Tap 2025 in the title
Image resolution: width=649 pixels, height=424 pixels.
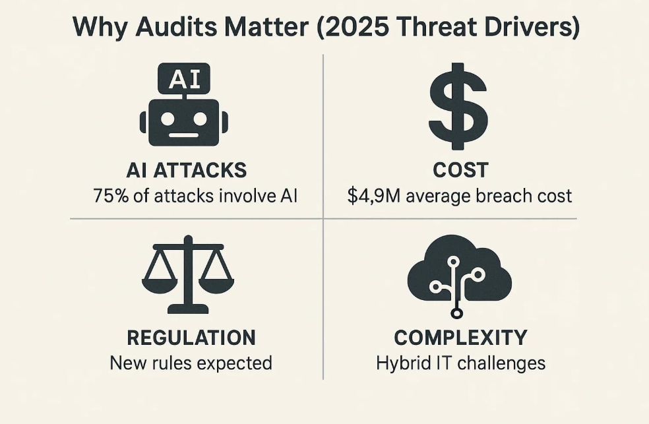click(357, 27)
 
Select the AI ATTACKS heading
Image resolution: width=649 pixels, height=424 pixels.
click(187, 170)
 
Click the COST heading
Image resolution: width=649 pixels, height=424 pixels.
click(460, 170)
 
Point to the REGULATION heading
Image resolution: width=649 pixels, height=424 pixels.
click(191, 338)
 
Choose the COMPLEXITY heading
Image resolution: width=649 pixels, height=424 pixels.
click(460, 338)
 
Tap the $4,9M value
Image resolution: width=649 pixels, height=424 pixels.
click(374, 196)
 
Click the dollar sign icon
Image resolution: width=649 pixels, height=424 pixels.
click(458, 106)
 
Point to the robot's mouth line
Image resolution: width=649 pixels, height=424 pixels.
click(184, 135)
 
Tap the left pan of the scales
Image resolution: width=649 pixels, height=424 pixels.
click(160, 283)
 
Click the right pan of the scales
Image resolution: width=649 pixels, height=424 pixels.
click(216, 283)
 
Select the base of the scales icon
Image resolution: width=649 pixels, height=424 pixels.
click(188, 309)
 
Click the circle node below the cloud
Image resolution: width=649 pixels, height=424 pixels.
click(456, 313)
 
